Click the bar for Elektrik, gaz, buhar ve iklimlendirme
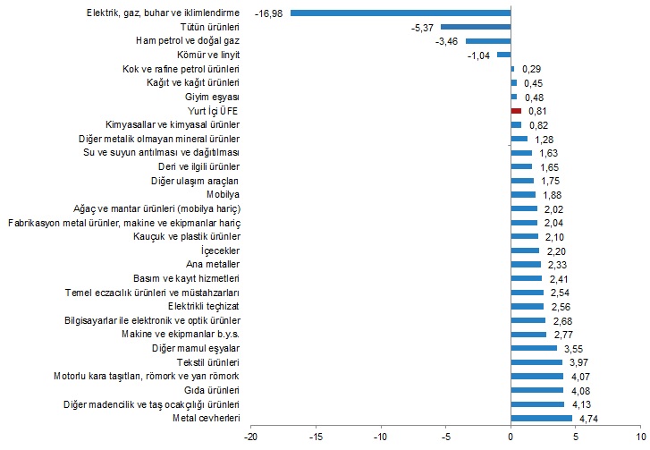pyautogui.click(x=400, y=13)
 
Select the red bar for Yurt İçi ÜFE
pyautogui.click(x=516, y=110)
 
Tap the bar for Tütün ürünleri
pyautogui.click(x=476, y=27)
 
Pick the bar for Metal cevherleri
pyautogui.click(x=541, y=418)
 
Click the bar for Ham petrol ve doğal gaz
pyautogui.click(x=488, y=41)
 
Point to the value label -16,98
pyautogui.click(x=269, y=13)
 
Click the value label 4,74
pyautogui.click(x=588, y=418)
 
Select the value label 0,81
pyautogui.click(x=538, y=110)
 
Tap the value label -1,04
pyautogui.click(x=480, y=55)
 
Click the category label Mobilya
pyautogui.click(x=223, y=194)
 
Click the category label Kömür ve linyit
pyautogui.click(x=207, y=55)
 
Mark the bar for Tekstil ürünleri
pyautogui.click(x=536, y=362)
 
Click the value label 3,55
pyautogui.click(x=573, y=348)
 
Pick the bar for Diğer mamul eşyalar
pyautogui.click(x=534, y=348)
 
